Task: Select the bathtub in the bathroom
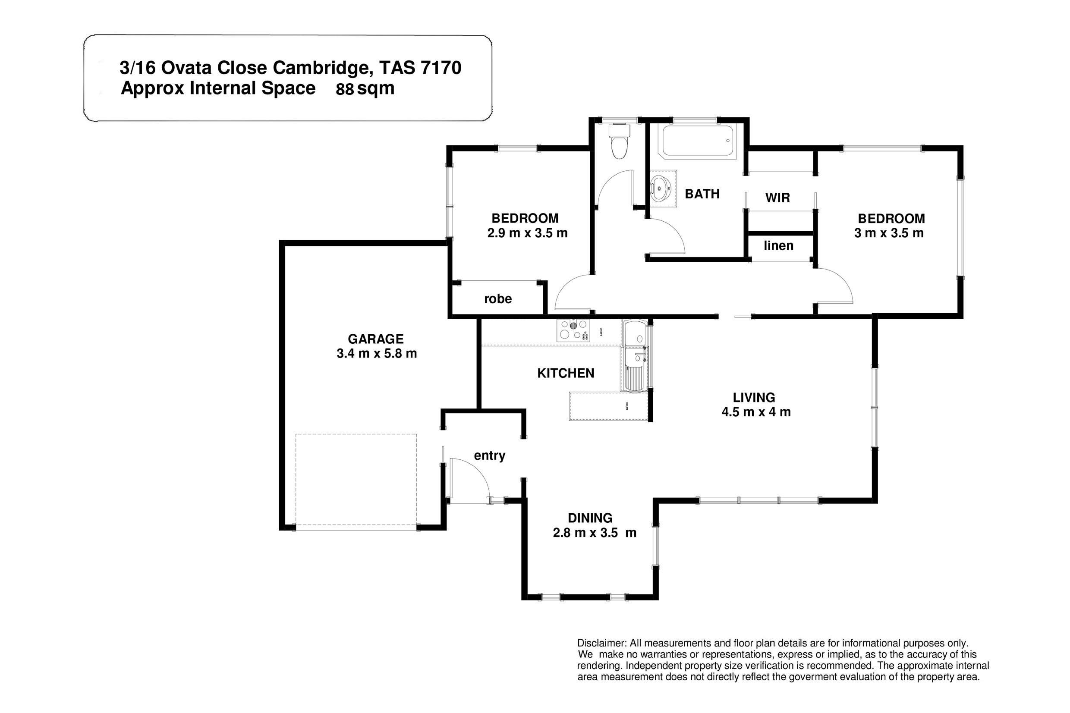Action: coord(698,141)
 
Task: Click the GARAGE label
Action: coord(376,339)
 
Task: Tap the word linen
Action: coord(778,246)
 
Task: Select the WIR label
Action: coord(777,198)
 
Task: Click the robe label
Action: coord(498,299)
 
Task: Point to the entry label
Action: coord(490,455)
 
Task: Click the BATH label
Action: coord(702,194)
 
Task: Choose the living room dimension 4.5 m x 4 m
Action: coord(756,412)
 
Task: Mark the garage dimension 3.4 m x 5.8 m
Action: coord(377,354)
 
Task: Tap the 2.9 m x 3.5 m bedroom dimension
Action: coord(528,233)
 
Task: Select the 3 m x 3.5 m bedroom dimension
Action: coord(889,233)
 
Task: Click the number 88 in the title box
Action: coord(345,90)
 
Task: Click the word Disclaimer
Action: coord(601,644)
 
